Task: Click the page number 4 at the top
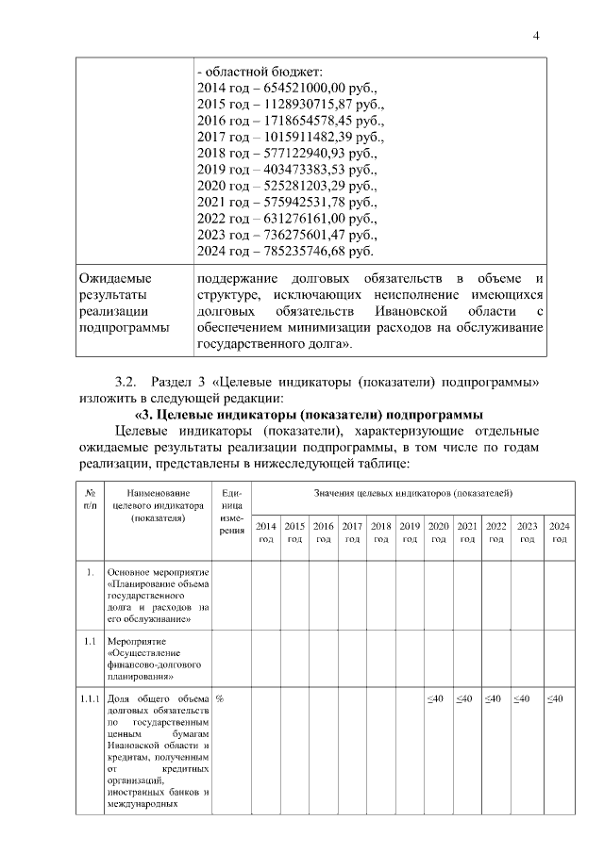[536, 36]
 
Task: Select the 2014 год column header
[266, 532]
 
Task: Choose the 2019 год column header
[410, 532]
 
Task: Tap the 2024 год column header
[559, 532]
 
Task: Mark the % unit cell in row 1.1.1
[220, 697]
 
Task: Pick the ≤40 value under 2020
[436, 697]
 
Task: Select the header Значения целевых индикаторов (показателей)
[413, 493]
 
